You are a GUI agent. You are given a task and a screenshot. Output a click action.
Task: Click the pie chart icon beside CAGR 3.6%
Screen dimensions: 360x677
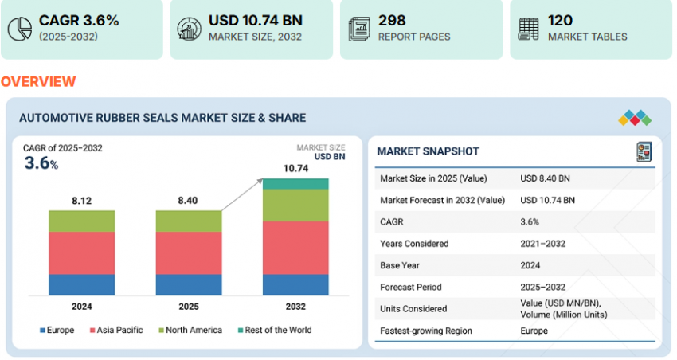(x=18, y=28)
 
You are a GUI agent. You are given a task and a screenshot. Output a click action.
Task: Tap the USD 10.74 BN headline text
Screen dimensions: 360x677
(x=256, y=20)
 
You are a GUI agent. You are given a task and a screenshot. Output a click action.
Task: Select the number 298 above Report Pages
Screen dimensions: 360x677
(x=392, y=20)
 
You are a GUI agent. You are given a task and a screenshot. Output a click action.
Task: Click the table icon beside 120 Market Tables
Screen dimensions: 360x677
(x=527, y=28)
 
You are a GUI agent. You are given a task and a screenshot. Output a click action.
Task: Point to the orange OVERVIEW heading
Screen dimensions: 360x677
(x=38, y=82)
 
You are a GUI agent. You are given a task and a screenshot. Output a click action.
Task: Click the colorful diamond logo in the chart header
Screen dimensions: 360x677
(x=634, y=118)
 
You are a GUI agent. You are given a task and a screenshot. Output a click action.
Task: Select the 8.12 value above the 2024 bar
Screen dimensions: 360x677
(x=81, y=201)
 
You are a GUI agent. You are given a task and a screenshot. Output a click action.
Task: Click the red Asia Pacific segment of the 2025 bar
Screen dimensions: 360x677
(x=189, y=253)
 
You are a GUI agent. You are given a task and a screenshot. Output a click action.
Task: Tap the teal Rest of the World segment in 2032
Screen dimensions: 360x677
(x=295, y=184)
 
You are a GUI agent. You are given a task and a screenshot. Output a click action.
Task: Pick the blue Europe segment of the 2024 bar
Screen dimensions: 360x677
(x=81, y=284)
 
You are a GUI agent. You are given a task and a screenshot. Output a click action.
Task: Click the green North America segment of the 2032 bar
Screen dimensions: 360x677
(x=295, y=205)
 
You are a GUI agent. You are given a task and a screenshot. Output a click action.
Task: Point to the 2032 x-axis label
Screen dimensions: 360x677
(x=295, y=307)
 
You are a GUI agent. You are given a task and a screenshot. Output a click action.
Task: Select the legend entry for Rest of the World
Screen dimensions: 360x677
(x=274, y=330)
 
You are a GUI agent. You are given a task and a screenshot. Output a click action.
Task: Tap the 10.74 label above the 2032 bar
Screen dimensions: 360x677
(x=295, y=169)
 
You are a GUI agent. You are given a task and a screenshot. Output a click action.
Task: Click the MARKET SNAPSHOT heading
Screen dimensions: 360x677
(x=428, y=151)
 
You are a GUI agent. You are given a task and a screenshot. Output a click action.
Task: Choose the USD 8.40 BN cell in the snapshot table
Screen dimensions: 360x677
(x=546, y=178)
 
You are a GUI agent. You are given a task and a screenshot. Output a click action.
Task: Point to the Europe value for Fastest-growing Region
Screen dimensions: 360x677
(x=534, y=331)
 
